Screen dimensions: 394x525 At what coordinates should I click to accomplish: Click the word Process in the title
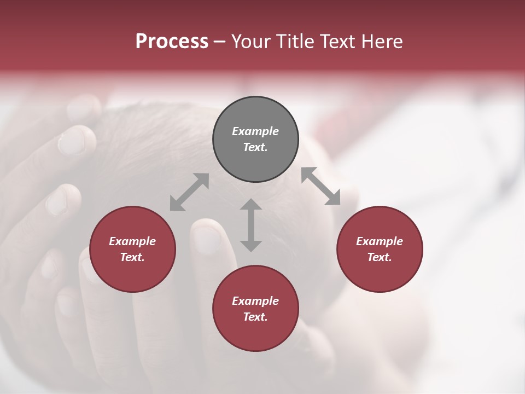(172, 42)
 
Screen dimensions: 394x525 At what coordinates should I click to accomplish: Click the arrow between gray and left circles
(189, 192)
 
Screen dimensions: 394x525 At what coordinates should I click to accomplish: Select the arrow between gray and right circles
(321, 186)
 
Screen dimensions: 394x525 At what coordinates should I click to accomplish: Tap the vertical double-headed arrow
(251, 225)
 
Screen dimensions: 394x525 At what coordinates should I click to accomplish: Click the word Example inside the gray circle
(255, 131)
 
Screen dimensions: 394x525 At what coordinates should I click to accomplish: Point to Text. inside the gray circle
(255, 147)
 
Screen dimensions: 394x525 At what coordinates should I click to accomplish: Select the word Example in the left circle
(132, 241)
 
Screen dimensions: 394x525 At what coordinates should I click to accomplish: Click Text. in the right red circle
(380, 257)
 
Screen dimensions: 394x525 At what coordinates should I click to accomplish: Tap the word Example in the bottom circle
(255, 301)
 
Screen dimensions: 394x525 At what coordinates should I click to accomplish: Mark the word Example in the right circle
(380, 241)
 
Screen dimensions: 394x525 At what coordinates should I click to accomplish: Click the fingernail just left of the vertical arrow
(207, 239)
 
